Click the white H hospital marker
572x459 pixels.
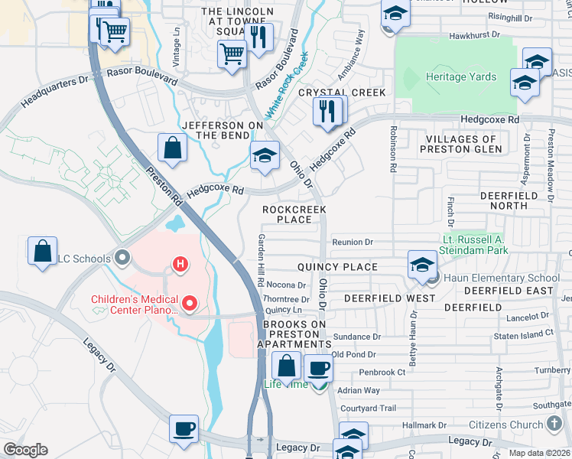coord(180,265)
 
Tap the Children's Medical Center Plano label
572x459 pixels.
coord(136,305)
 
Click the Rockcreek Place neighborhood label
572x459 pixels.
coord(294,214)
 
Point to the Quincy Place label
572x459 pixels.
coord(337,267)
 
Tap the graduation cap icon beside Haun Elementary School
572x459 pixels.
coord(421,265)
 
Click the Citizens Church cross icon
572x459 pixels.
coord(555,424)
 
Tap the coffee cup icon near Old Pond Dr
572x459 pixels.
coord(317,368)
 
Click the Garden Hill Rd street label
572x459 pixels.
coord(261,261)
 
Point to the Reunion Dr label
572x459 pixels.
coord(353,243)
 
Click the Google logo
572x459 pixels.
coord(25,450)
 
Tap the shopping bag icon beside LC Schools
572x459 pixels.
coord(43,251)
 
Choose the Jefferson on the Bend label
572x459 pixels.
coord(216,130)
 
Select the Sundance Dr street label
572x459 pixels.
coord(356,337)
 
